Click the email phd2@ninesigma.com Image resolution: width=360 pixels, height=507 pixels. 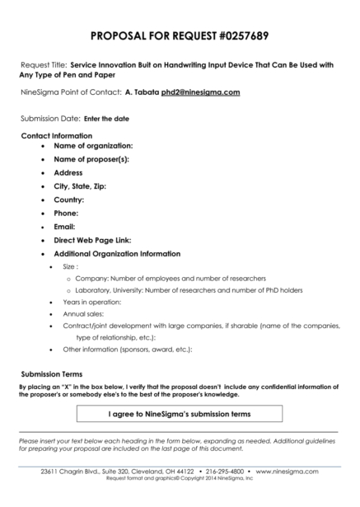(200, 92)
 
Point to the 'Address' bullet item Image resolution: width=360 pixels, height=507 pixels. (68, 172)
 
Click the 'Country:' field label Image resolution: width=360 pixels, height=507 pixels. (69, 200)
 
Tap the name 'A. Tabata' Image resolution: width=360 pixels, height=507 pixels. (141, 92)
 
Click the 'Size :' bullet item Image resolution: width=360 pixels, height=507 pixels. (70, 267)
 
